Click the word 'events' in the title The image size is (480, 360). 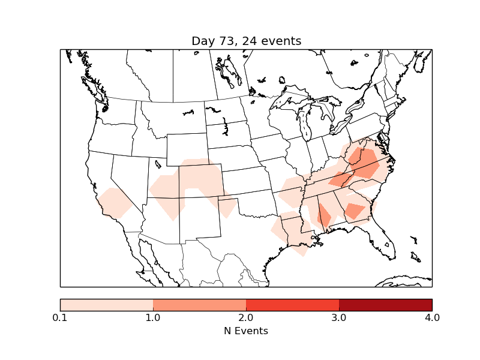point(281,41)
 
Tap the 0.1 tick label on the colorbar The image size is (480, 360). point(60,317)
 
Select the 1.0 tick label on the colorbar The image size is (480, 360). point(153,317)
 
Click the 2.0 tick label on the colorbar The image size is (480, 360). point(246,317)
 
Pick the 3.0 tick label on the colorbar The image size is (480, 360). point(339,317)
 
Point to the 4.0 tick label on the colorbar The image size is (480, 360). point(431,317)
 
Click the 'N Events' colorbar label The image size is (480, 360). point(246,331)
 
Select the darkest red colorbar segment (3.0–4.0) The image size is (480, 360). point(385,305)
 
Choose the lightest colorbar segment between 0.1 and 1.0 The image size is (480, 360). point(107,305)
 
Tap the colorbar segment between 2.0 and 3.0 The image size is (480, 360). point(292,305)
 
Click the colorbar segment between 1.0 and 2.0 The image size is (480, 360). point(199,305)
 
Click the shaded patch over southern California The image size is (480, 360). point(114,203)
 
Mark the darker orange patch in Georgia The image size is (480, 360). point(355,211)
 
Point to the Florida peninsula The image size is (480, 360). point(385,240)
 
